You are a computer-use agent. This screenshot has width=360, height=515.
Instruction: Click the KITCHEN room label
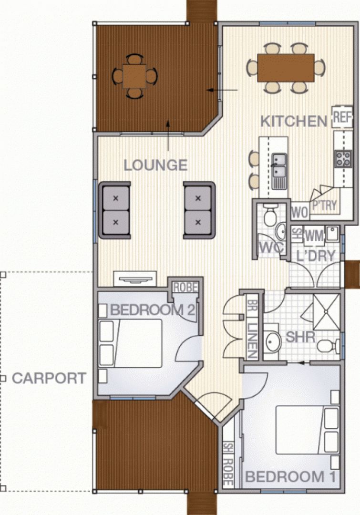click(x=294, y=121)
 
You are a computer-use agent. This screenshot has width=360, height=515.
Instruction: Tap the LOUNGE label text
click(x=155, y=165)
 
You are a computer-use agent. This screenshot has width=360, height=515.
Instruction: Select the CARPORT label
click(x=49, y=378)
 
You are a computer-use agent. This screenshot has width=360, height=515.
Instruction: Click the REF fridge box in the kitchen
click(x=342, y=117)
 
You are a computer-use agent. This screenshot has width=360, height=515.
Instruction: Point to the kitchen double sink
click(x=279, y=172)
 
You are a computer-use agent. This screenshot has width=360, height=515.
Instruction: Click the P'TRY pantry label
click(x=325, y=206)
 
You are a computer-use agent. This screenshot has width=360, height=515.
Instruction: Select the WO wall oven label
click(x=300, y=213)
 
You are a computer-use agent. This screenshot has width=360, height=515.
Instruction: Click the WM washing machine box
click(x=313, y=236)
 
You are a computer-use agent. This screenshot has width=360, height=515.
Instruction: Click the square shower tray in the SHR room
click(x=326, y=312)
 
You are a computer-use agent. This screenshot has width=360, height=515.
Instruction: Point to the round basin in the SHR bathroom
click(x=273, y=342)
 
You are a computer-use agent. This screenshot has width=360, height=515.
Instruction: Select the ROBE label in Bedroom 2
click(x=185, y=288)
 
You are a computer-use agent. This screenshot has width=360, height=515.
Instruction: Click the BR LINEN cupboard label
click(x=252, y=329)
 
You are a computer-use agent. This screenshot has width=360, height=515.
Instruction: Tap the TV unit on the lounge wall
click(x=134, y=279)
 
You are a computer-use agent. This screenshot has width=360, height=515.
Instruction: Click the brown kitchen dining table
click(x=286, y=68)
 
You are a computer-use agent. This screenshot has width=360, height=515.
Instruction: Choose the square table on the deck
click(x=134, y=76)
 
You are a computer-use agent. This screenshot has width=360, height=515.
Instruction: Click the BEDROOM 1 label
click(x=291, y=477)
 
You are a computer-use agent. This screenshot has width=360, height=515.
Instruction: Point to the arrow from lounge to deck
click(x=168, y=136)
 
